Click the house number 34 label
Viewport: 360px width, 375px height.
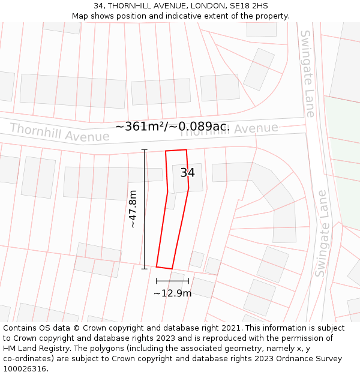click(x=187, y=173)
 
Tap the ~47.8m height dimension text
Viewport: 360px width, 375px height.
click(x=133, y=209)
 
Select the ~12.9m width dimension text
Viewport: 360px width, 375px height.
click(x=172, y=293)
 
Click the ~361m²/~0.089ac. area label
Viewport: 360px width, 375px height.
click(x=172, y=127)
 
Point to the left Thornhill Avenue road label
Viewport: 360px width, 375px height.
click(x=59, y=133)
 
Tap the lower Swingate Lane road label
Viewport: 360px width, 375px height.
click(x=323, y=233)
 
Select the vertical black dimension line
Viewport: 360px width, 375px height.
click(x=144, y=209)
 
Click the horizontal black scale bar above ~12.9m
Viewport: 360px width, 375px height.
click(x=172, y=280)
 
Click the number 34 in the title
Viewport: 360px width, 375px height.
click(x=98, y=6)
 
